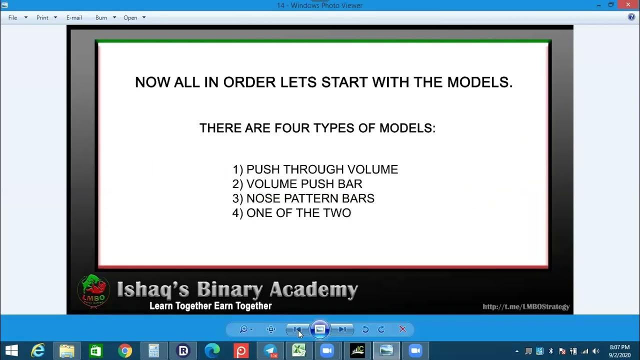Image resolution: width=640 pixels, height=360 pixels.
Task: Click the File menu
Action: (13, 17)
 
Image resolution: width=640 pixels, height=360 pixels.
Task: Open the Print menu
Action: (42, 17)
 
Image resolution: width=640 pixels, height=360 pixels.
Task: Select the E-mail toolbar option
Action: (74, 17)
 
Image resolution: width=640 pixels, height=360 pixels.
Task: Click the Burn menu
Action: (101, 17)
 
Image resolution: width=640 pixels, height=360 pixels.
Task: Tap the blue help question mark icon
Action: (631, 17)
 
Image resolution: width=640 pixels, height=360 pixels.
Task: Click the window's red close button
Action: (628, 5)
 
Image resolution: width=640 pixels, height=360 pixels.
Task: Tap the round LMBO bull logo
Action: (93, 290)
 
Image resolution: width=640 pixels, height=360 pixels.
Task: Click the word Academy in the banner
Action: (313, 289)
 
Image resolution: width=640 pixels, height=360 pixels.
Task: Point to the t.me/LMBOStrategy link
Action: (526, 306)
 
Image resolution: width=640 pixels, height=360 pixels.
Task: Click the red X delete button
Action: (402, 329)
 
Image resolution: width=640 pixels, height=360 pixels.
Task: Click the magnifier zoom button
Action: (244, 329)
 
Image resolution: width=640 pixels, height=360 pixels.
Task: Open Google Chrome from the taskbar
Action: (125, 350)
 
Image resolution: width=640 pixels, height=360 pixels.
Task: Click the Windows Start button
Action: (11, 350)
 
